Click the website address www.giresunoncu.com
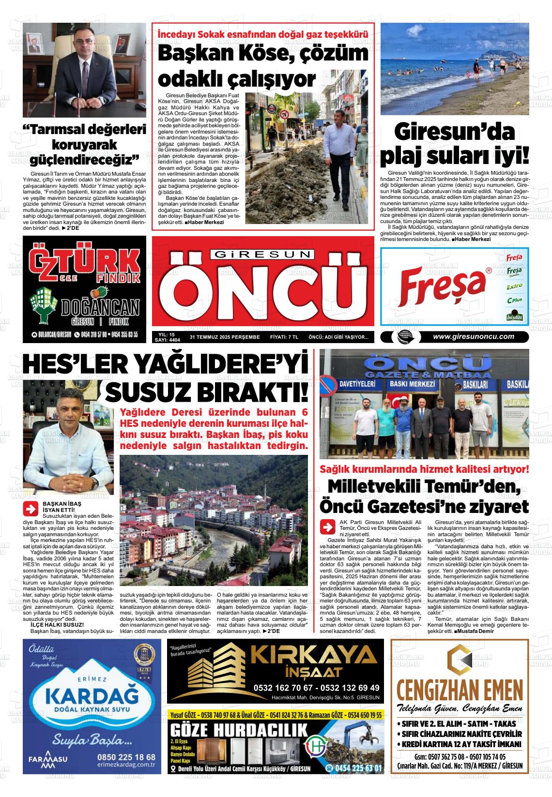pyautogui.click(x=473, y=337)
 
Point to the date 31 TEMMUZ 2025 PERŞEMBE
pyautogui.click(x=225, y=337)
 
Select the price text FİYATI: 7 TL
pyautogui.click(x=284, y=337)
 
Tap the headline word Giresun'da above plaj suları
pyautogui.click(x=454, y=132)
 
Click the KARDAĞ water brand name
pyautogui.click(x=92, y=696)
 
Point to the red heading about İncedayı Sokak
pyautogui.click(x=263, y=34)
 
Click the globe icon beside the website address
pyautogui.click(x=403, y=337)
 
